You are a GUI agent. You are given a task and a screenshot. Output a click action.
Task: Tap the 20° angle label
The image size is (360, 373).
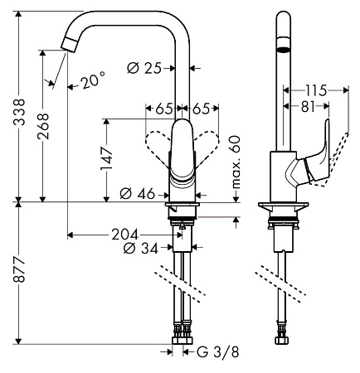(94, 80)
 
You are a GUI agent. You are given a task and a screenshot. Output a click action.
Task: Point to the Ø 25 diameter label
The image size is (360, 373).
(146, 67)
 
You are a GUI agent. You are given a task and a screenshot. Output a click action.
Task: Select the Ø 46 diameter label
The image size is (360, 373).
(136, 193)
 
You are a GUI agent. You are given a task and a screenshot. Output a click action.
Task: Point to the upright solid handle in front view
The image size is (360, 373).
(181, 149)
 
